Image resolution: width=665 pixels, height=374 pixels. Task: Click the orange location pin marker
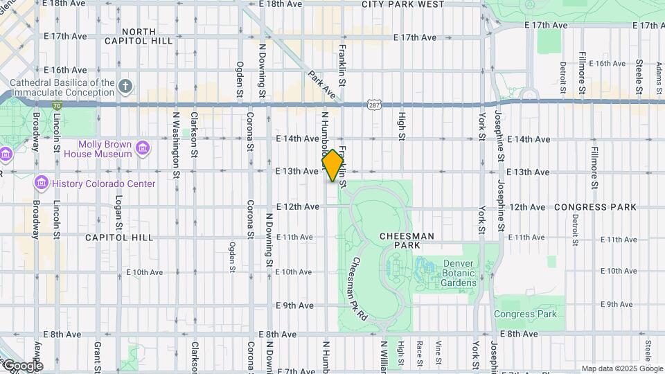(x=333, y=165)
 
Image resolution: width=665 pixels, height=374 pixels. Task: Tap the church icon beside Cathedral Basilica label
(x=125, y=87)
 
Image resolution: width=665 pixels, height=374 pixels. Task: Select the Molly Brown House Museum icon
(x=143, y=148)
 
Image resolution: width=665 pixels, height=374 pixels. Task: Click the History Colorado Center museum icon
(x=41, y=184)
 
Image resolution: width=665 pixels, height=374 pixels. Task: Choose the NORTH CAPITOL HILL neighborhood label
(x=148, y=36)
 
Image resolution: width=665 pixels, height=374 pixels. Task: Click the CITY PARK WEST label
(x=402, y=4)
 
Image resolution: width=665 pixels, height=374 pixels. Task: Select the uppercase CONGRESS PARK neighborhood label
(x=595, y=207)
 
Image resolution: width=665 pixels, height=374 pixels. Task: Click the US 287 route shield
(x=374, y=103)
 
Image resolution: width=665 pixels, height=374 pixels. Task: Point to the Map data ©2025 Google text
(x=621, y=368)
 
